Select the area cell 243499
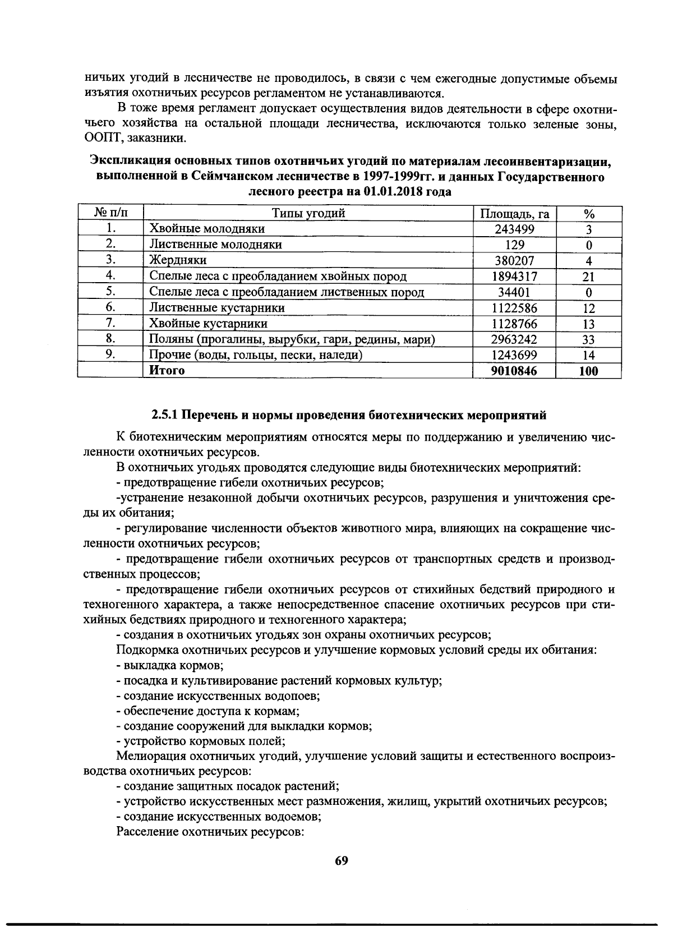(x=514, y=229)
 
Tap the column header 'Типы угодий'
(x=308, y=213)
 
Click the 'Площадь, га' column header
(x=514, y=214)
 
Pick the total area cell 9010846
(x=514, y=371)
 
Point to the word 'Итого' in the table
(x=167, y=371)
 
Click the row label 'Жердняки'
(x=178, y=260)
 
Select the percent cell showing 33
(x=588, y=339)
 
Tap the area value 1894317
(x=514, y=276)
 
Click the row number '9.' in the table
(x=110, y=354)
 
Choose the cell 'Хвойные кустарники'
(x=208, y=324)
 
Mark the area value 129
(x=514, y=245)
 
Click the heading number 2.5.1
(x=165, y=416)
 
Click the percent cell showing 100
(x=588, y=371)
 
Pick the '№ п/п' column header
(x=110, y=213)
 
